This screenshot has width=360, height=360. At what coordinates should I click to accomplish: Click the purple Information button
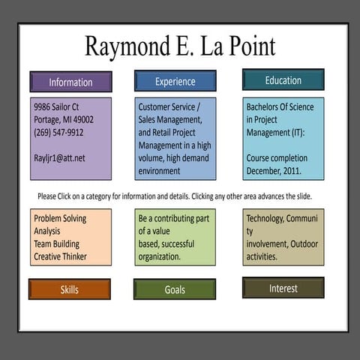pos(70,82)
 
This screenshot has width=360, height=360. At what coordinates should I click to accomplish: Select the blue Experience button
pos(175,81)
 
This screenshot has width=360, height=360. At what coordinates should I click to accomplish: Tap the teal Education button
pos(283,79)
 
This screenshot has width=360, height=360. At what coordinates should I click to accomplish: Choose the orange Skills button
pos(70,289)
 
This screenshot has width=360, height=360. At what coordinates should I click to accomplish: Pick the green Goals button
pos(175,289)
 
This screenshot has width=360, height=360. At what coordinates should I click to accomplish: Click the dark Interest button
pos(283,288)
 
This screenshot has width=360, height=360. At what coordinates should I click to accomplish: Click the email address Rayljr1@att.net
pos(59,158)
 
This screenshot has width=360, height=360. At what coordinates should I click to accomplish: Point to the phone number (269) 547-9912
pos(58,133)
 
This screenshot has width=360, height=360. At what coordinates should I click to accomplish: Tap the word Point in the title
pos(250,46)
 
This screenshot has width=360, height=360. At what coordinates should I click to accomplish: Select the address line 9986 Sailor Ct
pos(56,107)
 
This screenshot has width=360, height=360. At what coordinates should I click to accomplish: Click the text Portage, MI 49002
pos(63,120)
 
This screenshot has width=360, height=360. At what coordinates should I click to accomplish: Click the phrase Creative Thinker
pos(60,256)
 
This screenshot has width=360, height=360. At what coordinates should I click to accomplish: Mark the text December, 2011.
pos(274,171)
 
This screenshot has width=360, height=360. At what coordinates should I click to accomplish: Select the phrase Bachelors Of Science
pos(280,107)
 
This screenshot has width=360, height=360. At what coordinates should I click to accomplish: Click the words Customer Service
pos(163,107)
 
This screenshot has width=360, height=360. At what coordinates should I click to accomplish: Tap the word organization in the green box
pos(159,256)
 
